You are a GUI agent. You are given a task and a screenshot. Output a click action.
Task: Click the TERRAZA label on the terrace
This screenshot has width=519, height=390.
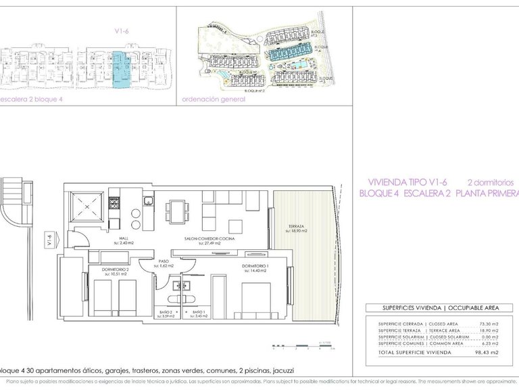point(295,227)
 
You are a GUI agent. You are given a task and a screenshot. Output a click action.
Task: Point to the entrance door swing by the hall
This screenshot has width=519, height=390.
point(80,240)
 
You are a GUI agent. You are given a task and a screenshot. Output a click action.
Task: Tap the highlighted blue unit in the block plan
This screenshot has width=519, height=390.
point(119,70)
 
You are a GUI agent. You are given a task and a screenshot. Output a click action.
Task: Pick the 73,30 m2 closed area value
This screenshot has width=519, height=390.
point(485,324)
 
